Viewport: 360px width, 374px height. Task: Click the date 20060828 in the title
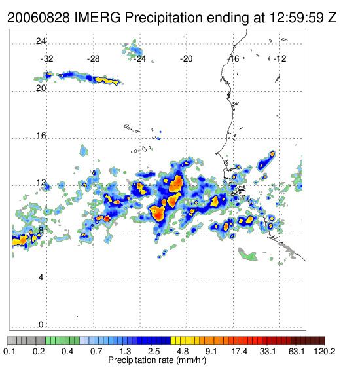[x=39, y=18]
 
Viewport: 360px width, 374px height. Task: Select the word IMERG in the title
[x=98, y=18]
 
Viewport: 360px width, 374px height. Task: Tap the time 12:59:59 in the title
[x=297, y=18]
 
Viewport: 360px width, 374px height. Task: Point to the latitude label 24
[x=41, y=41]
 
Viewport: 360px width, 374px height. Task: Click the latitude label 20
[x=41, y=88]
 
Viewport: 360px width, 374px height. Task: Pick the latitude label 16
[x=41, y=136]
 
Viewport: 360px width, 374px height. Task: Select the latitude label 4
[x=41, y=278]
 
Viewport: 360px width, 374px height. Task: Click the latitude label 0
[x=41, y=325]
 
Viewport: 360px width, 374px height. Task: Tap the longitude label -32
[x=46, y=58]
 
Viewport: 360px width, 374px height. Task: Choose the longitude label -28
[x=93, y=58]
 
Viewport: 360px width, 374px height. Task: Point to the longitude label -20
[x=186, y=58]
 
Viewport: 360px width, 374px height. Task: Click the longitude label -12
[x=280, y=58]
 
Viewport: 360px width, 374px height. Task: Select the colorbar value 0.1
[x=10, y=351]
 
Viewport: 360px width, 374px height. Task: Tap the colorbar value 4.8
[x=183, y=351]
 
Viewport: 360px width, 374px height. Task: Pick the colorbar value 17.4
[x=240, y=351]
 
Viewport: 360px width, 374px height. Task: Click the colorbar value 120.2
[x=325, y=351]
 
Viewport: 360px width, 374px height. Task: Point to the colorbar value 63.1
[x=297, y=351]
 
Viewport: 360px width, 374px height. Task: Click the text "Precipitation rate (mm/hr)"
[x=157, y=360]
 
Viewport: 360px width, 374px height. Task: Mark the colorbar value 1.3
[x=125, y=351]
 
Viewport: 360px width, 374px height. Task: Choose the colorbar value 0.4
[x=67, y=351]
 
